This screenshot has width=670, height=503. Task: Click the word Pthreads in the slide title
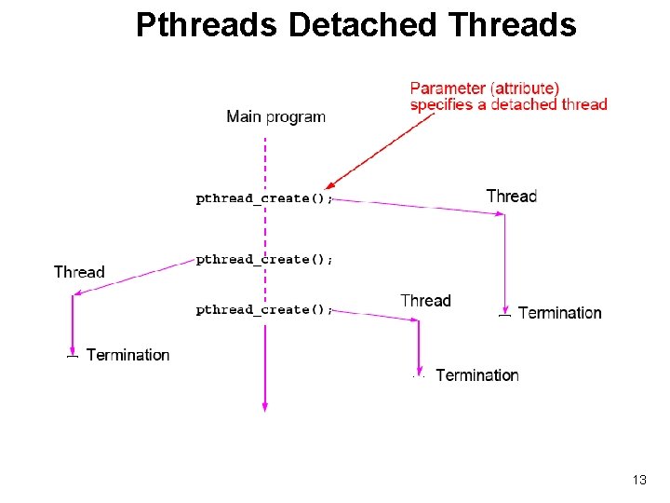(207, 25)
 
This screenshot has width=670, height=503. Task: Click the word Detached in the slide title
(360, 25)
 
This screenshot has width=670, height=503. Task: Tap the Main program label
(275, 116)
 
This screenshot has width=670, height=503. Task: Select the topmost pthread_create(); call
(263, 198)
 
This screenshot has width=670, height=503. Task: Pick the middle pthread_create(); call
(263, 259)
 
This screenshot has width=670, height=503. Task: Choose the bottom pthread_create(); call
(263, 309)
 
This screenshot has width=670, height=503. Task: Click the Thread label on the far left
(79, 272)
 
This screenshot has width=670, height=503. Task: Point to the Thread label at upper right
(511, 196)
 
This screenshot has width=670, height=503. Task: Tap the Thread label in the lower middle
(425, 300)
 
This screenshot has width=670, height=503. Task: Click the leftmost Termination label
(127, 355)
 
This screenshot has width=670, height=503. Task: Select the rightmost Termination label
(559, 313)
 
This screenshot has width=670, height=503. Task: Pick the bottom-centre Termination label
(476, 375)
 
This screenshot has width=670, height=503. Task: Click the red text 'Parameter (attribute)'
(485, 88)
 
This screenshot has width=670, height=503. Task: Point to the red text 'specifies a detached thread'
(508, 104)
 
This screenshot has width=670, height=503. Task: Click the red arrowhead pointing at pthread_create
(330, 184)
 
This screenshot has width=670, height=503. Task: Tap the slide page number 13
(638, 480)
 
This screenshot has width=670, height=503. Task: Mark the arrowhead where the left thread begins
(78, 294)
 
